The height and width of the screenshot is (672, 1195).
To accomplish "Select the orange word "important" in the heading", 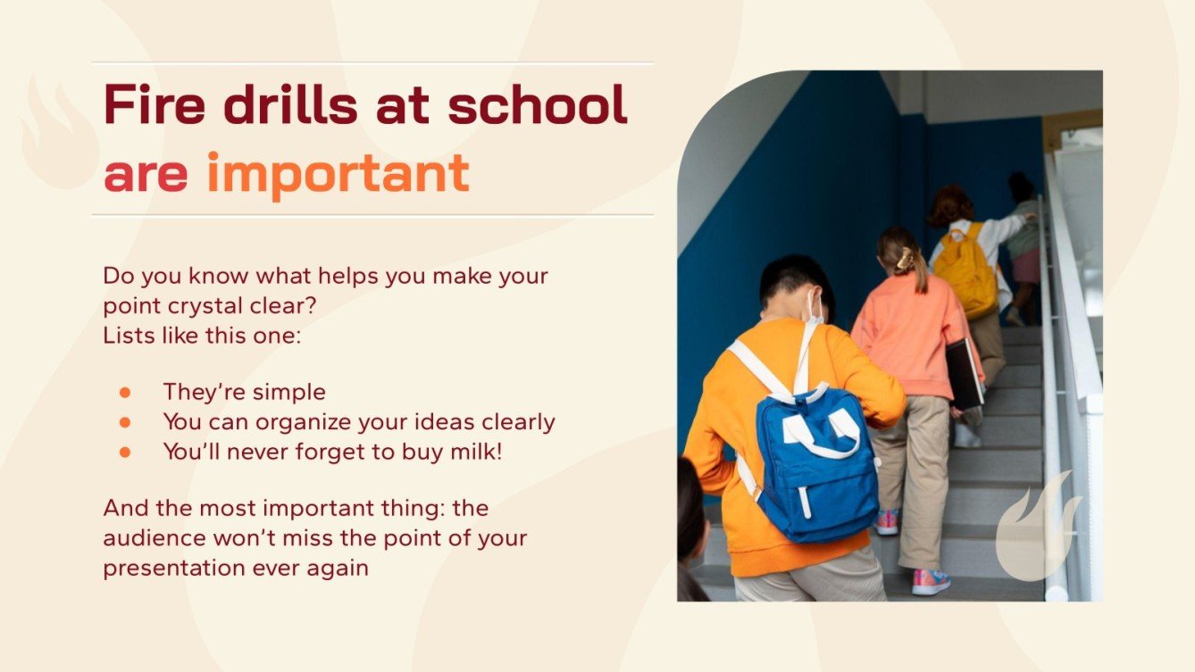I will click(x=338, y=173).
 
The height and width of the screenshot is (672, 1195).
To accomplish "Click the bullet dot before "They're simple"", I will click(x=125, y=392).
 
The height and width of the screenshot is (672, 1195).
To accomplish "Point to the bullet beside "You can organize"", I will click(x=125, y=421).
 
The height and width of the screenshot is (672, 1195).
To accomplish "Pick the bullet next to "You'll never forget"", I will click(x=125, y=452).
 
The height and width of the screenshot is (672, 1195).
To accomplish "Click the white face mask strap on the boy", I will click(x=814, y=308).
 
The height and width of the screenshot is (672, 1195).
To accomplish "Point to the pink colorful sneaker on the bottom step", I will click(x=931, y=582).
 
